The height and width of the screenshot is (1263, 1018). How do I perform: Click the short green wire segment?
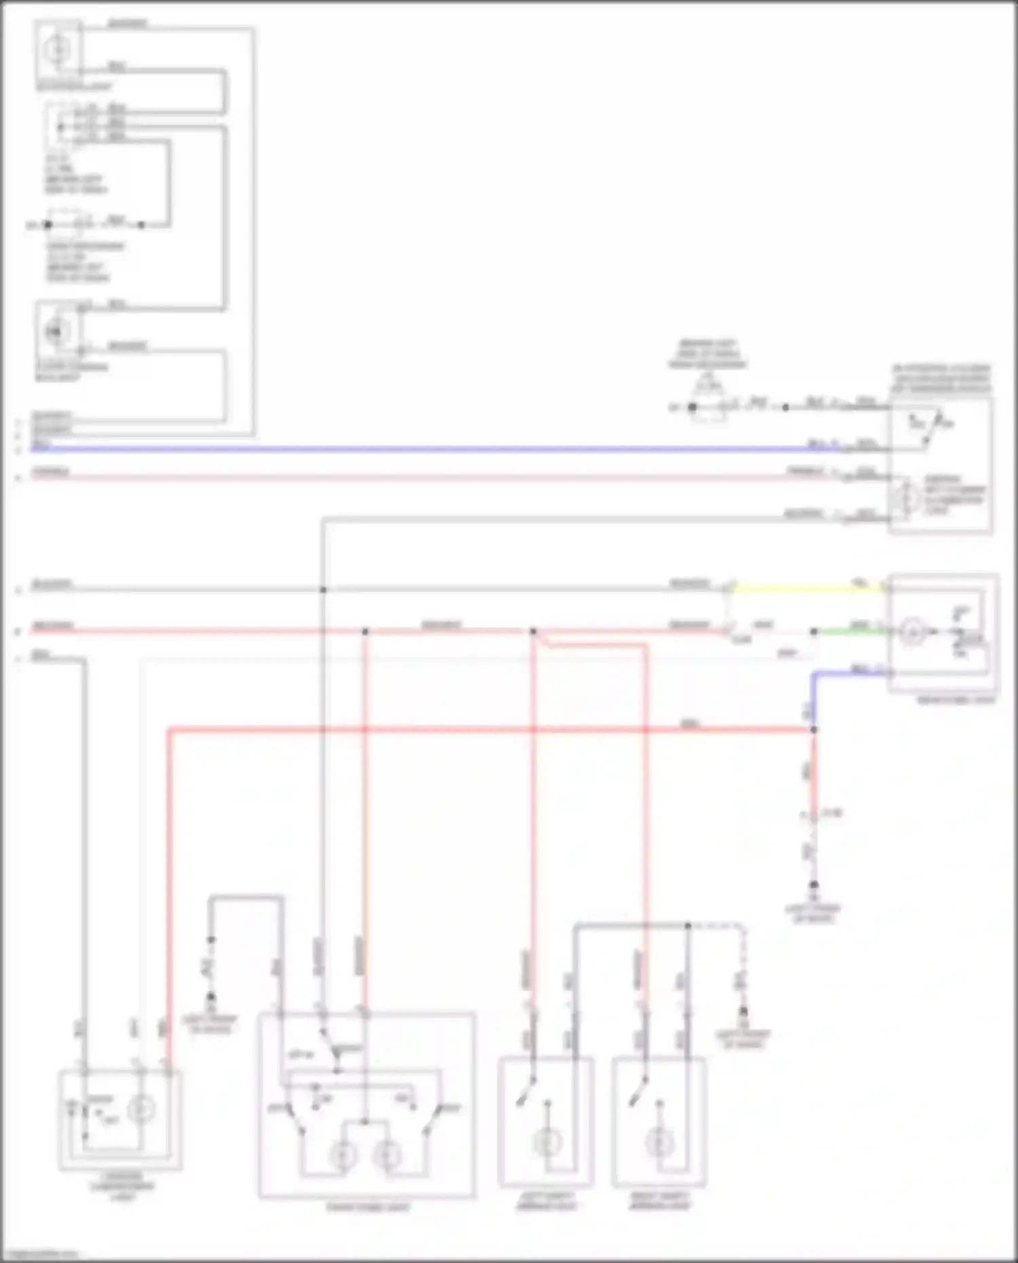(x=852, y=631)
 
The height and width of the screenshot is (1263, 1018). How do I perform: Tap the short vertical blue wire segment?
(x=814, y=699)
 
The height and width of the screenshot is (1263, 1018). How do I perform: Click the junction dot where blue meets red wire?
(x=814, y=730)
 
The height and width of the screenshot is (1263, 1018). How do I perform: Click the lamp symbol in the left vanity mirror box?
(x=547, y=1143)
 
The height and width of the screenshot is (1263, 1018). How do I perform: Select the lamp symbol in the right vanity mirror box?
(x=660, y=1143)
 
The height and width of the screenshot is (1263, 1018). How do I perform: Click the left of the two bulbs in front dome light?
(x=343, y=1155)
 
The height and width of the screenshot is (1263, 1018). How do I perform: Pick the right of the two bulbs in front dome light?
(x=388, y=1155)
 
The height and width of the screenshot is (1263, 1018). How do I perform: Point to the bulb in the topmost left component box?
(x=57, y=50)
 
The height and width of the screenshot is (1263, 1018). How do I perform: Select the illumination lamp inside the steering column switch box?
(x=905, y=499)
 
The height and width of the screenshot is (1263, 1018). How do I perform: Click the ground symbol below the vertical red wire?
(x=814, y=886)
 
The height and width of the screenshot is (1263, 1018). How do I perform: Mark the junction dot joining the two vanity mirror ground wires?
(x=687, y=925)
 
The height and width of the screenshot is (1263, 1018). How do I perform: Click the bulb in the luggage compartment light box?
(x=140, y=1110)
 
